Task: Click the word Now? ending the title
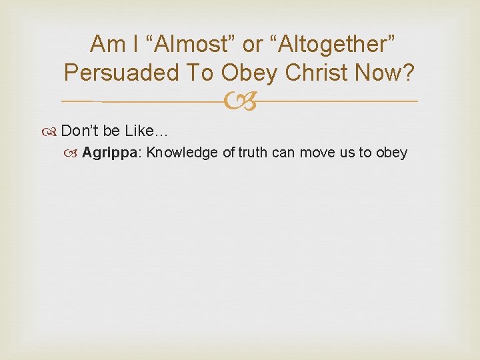click(x=390, y=72)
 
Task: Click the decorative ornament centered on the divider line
click(x=240, y=101)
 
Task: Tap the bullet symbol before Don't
click(x=53, y=129)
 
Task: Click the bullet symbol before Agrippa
click(x=75, y=153)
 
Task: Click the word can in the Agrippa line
click(x=283, y=153)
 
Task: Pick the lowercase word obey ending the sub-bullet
click(x=391, y=153)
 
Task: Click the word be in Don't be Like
click(x=111, y=129)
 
